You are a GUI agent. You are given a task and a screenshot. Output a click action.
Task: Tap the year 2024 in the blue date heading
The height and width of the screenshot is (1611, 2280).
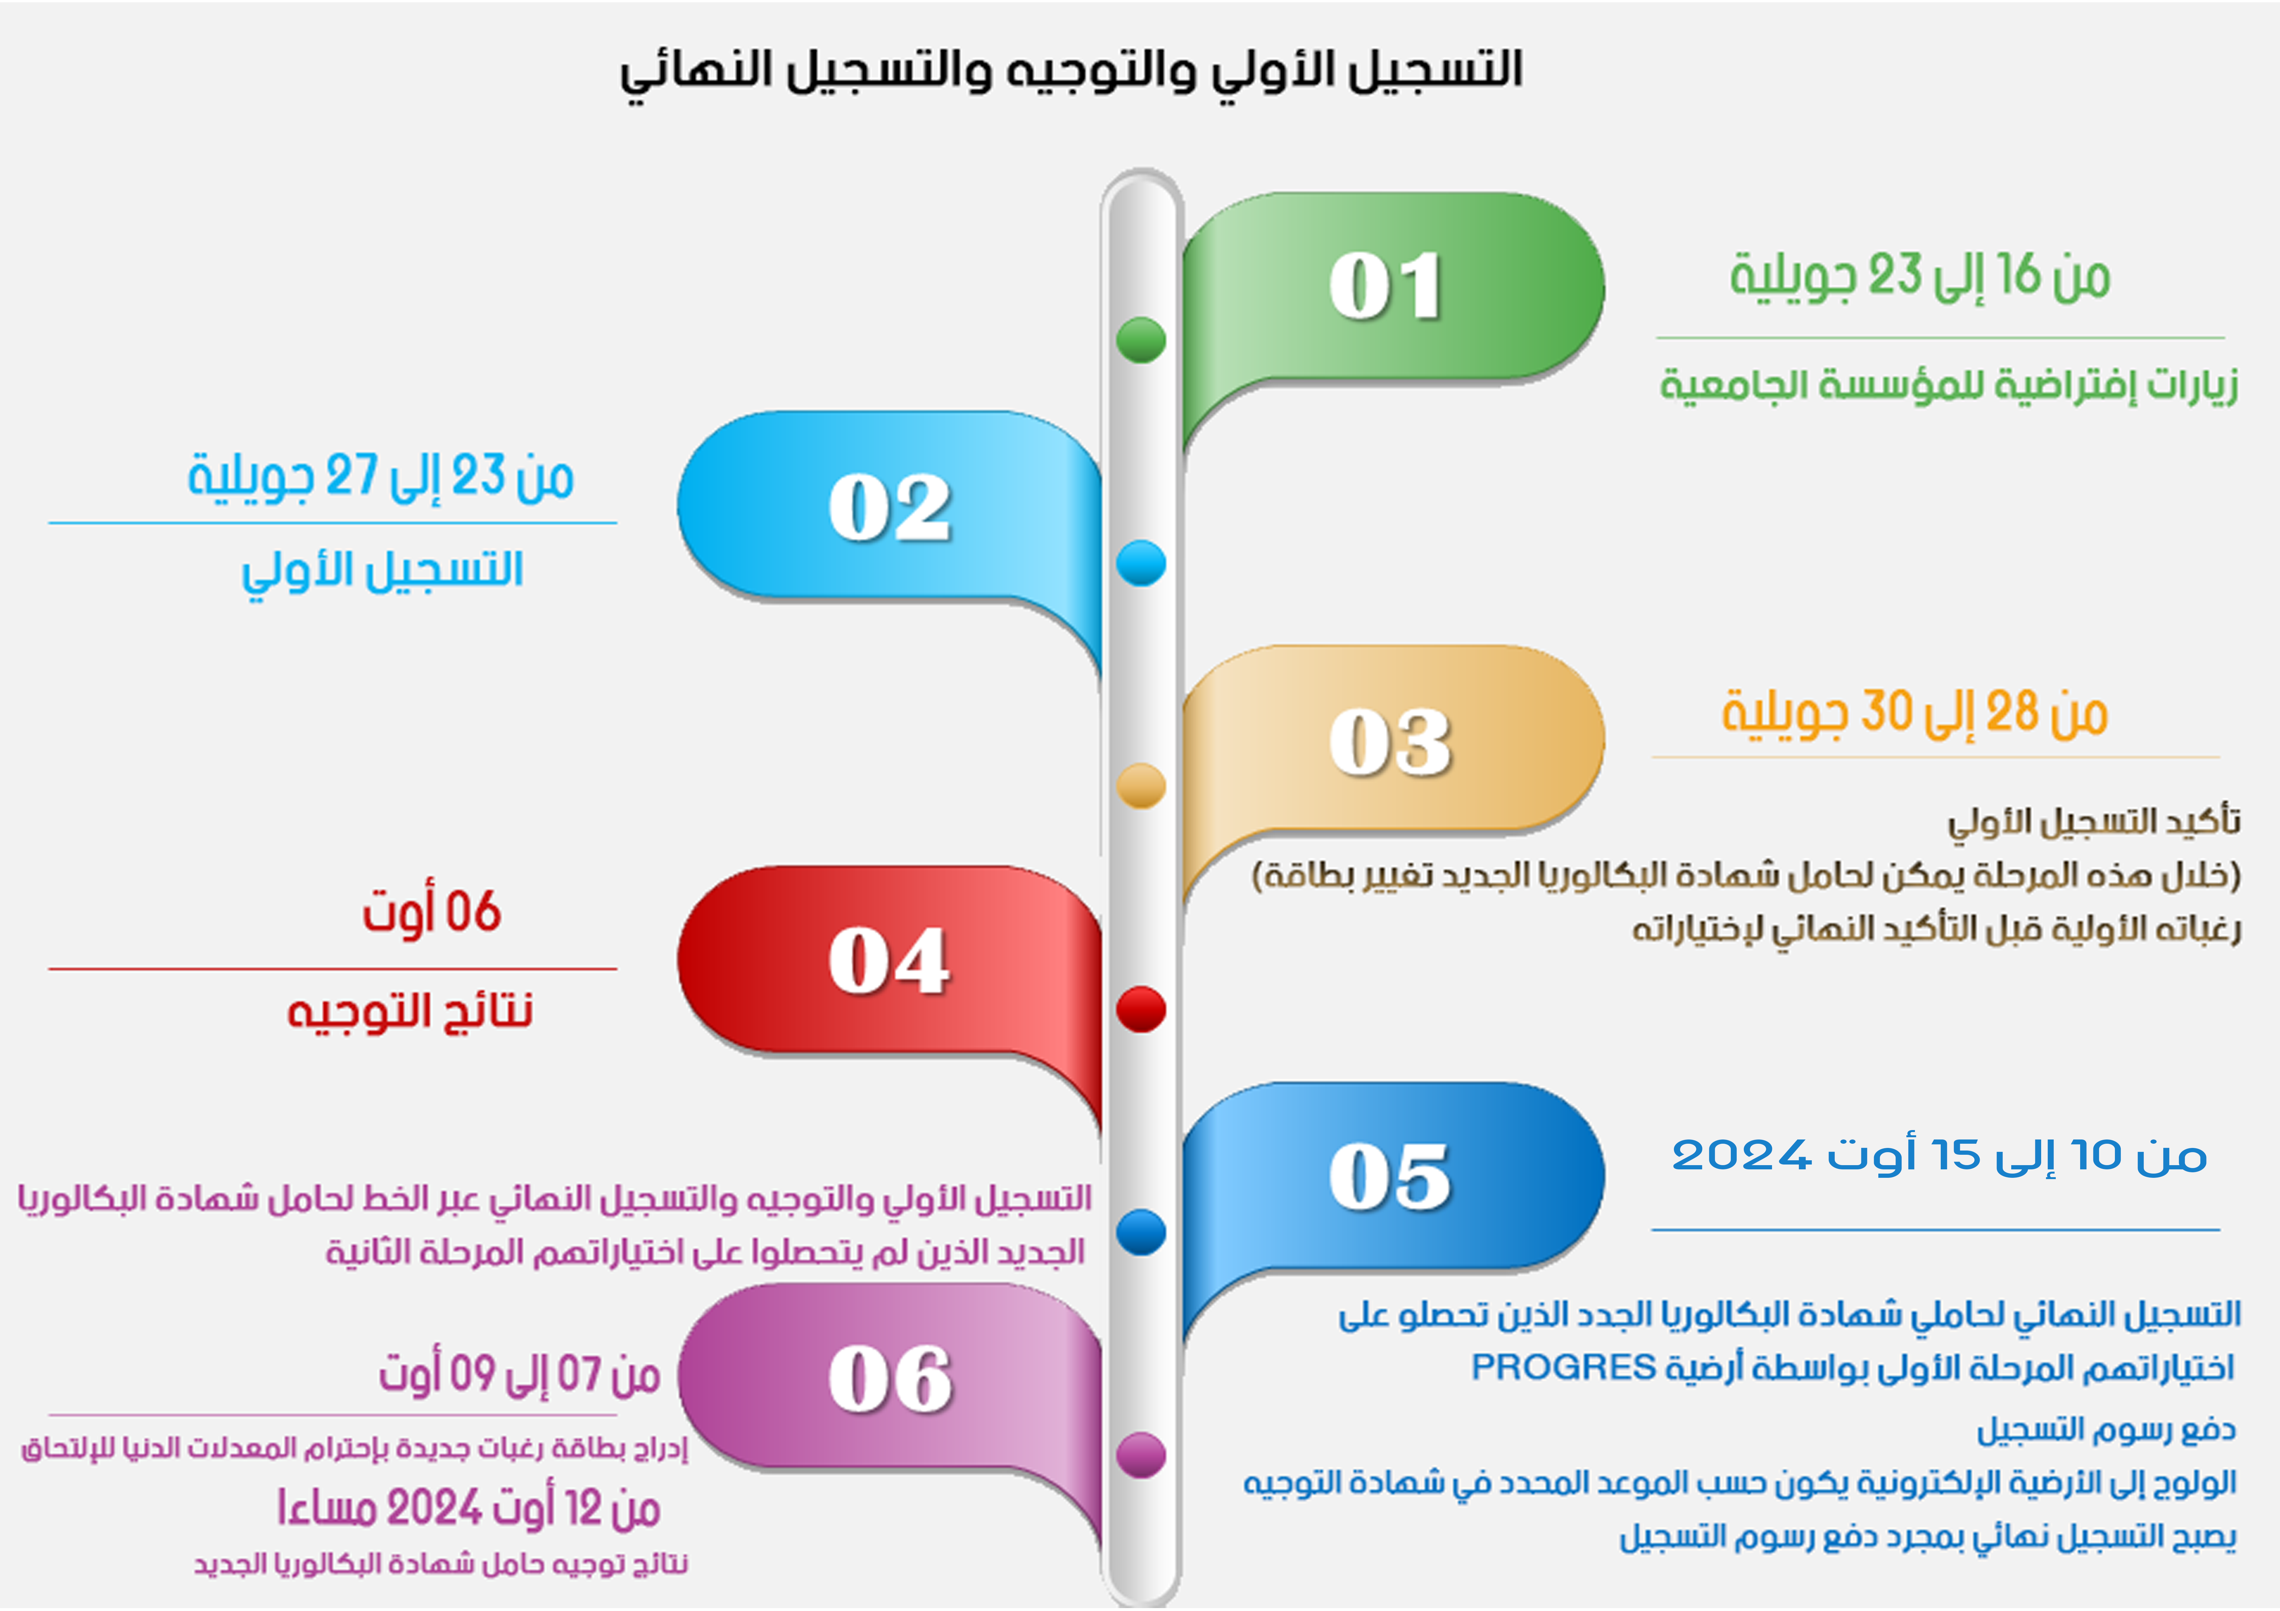[1742, 1155]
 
